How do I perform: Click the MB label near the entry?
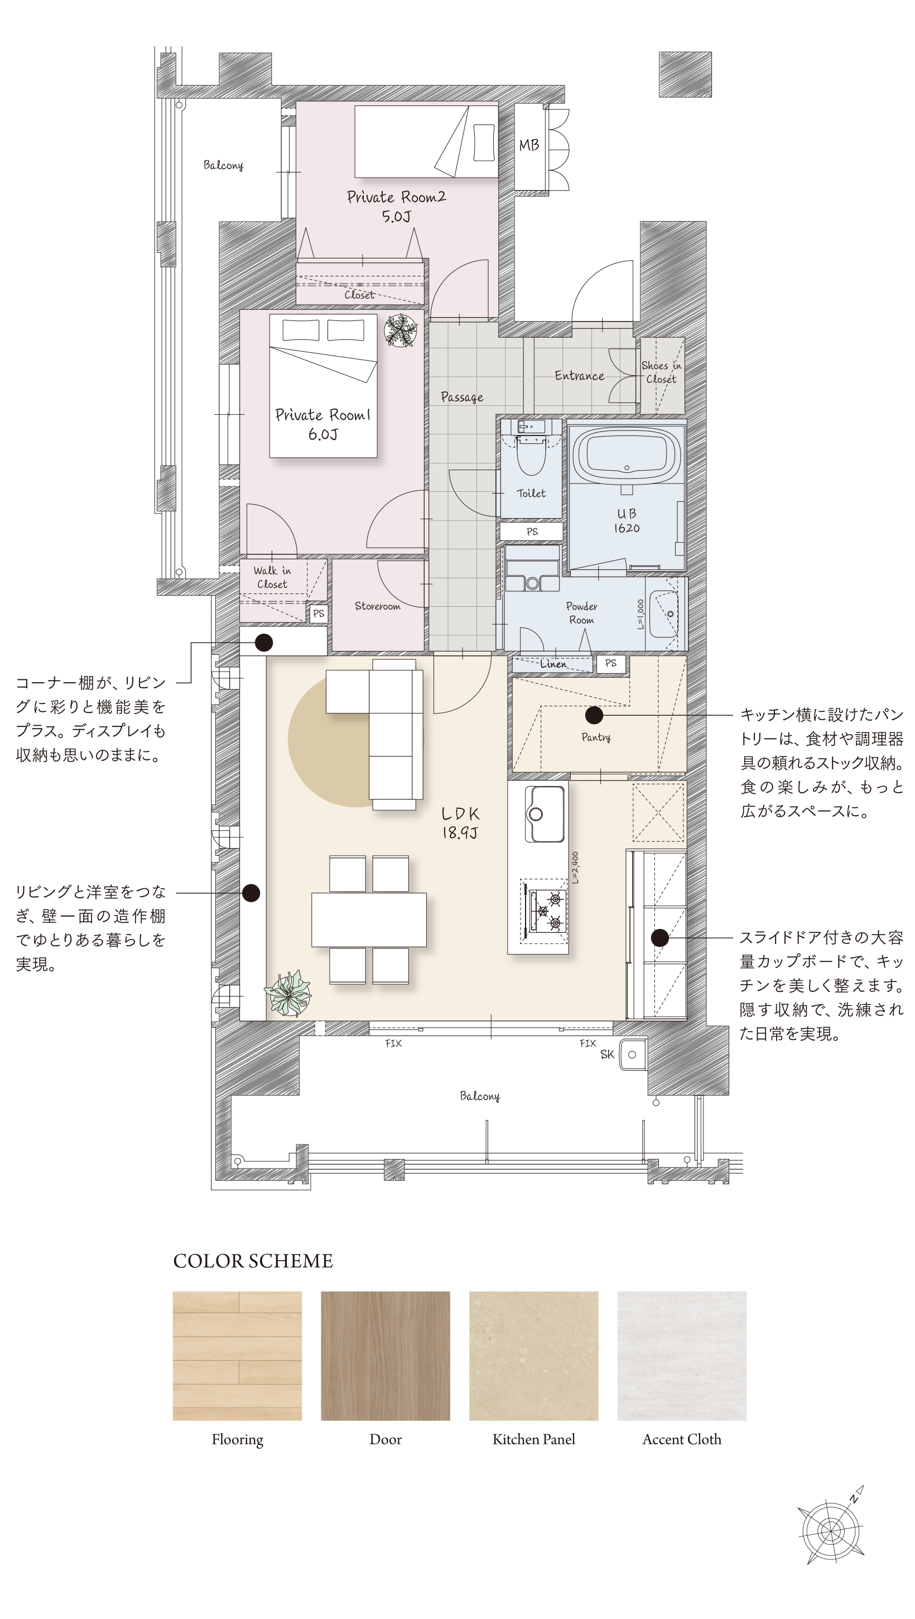pos(529,145)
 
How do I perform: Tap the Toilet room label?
pos(531,494)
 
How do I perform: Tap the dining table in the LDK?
pos(369,919)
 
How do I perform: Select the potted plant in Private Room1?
pos(401,330)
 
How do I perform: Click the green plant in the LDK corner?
pos(288,993)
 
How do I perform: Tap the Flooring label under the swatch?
pos(238,1440)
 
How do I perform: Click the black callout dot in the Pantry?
pos(594,715)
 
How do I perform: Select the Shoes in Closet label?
pos(661,372)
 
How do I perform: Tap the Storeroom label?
pos(377,606)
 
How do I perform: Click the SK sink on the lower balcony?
pos(632,1055)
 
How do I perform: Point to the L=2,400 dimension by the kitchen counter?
pos(575,868)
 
